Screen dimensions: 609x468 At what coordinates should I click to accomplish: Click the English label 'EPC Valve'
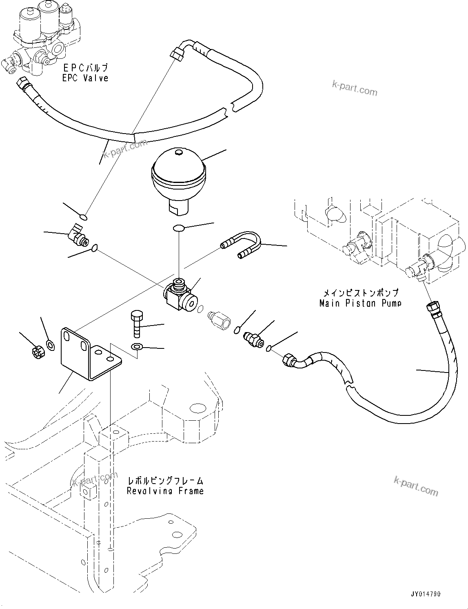[x=85, y=78]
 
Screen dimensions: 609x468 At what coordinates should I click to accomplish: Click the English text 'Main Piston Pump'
[x=360, y=303]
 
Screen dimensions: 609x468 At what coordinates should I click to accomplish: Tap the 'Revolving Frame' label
[x=165, y=491]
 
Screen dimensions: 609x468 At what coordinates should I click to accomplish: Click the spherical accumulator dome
[x=178, y=172]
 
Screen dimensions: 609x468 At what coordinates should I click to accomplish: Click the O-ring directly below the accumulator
[x=178, y=228]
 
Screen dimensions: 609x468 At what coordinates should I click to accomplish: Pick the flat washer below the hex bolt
[x=137, y=347]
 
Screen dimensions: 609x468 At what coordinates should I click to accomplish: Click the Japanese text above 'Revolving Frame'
[x=165, y=480]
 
